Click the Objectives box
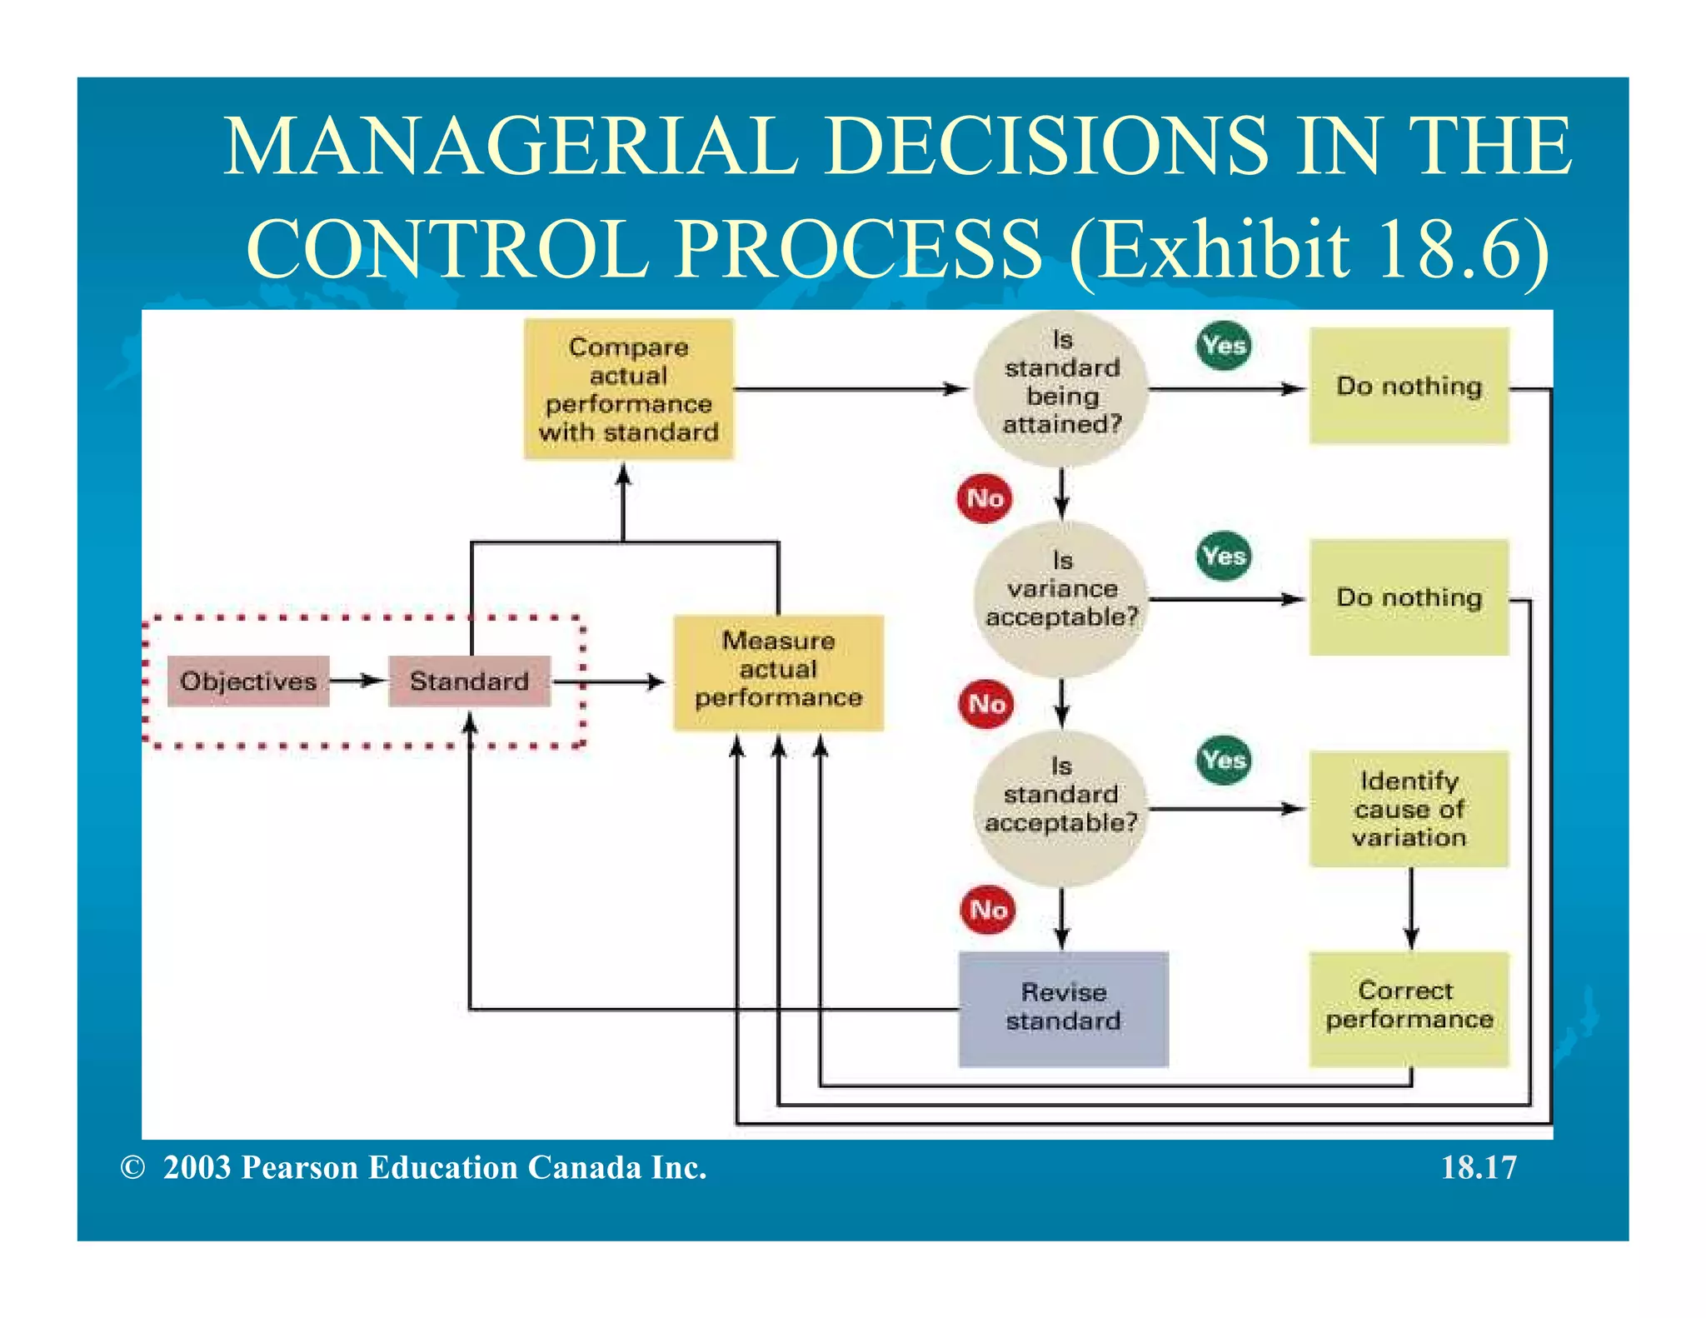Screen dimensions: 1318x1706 pos(248,681)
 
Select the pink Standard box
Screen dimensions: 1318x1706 pos(469,681)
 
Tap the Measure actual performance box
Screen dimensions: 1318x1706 pos(778,671)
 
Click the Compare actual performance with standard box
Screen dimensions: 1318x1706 pos(628,389)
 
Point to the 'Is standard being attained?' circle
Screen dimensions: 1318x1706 pos(1061,388)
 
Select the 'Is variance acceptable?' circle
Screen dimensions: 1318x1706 pos(1061,598)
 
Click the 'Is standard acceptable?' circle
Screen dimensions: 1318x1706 pos(1061,806)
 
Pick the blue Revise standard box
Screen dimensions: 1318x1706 pos(1063,1008)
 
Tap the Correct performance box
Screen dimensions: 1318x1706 pos(1409,1008)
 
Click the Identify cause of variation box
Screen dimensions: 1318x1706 pos(1409,808)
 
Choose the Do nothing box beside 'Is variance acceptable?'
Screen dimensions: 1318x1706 pos(1409,597)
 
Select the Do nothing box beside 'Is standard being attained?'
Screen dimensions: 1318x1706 pos(1409,386)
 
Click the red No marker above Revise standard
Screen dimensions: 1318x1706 pos(988,910)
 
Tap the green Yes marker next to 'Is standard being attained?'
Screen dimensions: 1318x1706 pos(1224,345)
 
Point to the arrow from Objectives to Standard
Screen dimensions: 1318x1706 pos(358,681)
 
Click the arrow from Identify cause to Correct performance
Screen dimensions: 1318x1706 pos(1410,908)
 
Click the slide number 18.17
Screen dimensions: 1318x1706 pos(1479,1167)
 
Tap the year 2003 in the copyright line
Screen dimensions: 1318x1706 pos(197,1167)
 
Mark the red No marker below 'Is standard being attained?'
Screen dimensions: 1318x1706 pos(985,498)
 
